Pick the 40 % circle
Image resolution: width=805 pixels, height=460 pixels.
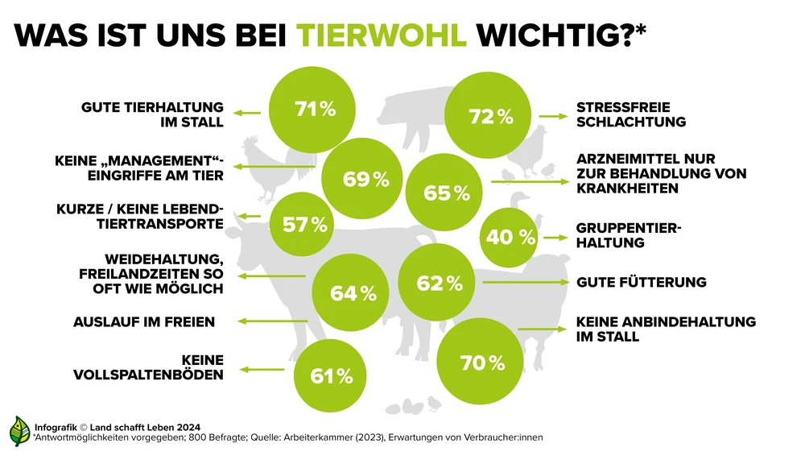(x=510, y=237)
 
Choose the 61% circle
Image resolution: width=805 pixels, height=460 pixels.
(x=331, y=375)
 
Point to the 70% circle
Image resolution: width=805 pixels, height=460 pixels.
(x=482, y=363)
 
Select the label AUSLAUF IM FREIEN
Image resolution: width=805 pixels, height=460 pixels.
(x=144, y=322)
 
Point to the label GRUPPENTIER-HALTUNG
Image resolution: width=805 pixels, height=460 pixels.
(x=629, y=234)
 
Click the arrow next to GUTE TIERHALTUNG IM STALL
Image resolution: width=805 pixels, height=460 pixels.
(x=248, y=114)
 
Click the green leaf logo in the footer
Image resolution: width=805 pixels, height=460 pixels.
(x=19, y=431)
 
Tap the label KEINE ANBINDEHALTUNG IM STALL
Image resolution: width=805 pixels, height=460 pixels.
(x=666, y=329)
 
